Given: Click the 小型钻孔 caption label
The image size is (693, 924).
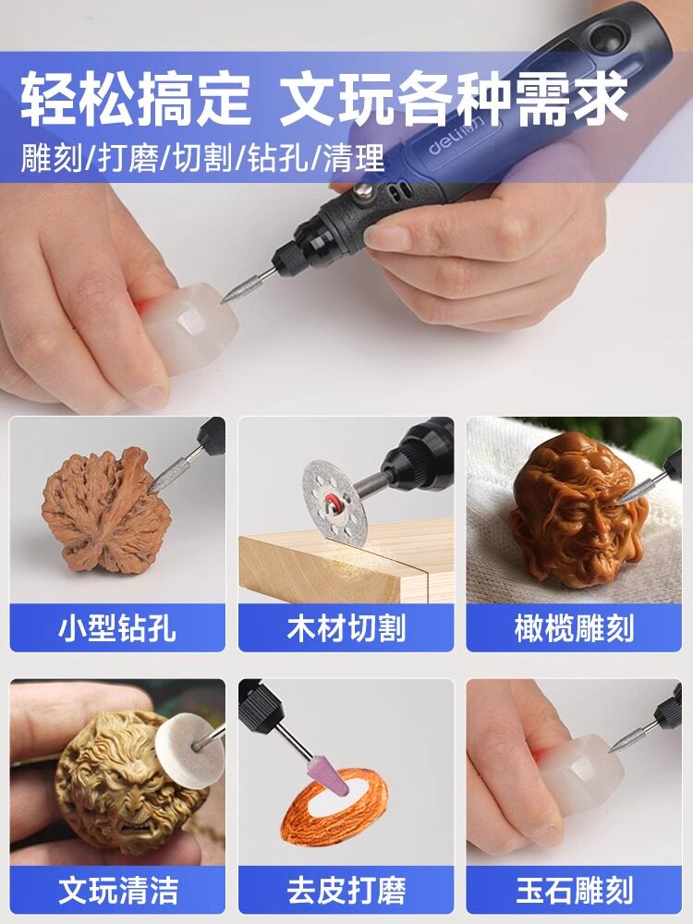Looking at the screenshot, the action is pos(117,628).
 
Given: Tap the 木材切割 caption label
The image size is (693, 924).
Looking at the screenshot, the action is pos(346,628).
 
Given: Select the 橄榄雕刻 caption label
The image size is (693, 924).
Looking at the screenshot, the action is pos(574,628).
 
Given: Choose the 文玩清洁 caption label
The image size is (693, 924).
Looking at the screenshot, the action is pos(117,890).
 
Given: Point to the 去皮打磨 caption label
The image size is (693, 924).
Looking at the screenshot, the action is pos(346,890).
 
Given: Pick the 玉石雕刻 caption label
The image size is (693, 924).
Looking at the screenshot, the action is pos(574,890).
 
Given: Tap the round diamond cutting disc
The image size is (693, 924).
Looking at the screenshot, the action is pos(334,500).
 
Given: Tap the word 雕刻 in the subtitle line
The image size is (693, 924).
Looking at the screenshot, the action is pos(51,158).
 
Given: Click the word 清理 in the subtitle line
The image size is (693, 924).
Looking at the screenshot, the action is pos(354,158).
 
